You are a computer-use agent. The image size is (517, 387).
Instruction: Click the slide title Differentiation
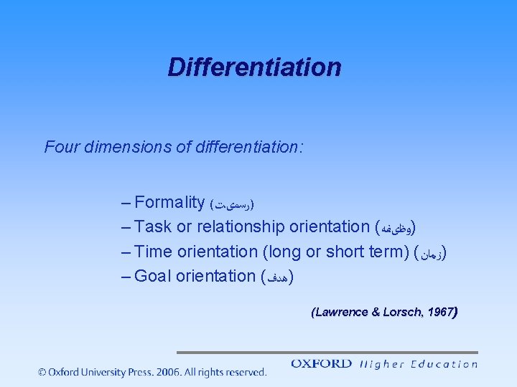coord(254,67)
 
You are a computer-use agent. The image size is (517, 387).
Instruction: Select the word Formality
coord(169,202)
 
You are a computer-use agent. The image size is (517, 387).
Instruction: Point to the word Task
coord(153,226)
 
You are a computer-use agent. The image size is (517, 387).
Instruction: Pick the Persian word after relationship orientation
coord(396,228)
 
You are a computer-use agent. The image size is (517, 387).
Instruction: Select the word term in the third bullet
coord(388,252)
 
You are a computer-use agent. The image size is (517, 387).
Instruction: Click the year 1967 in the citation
coord(439,312)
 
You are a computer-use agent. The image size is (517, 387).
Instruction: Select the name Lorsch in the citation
coord(402,312)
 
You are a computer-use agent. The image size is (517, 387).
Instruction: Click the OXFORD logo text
coord(321,363)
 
